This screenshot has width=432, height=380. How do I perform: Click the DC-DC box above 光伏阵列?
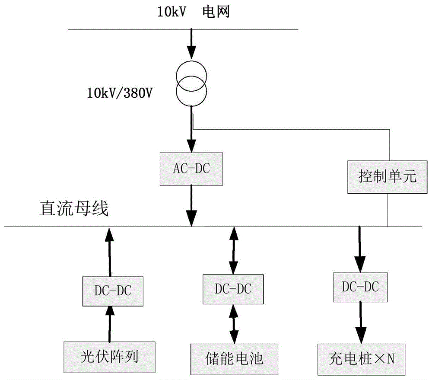click(110, 291)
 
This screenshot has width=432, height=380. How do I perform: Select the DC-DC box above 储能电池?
click(233, 288)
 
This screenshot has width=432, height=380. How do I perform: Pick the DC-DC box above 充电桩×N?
click(360, 287)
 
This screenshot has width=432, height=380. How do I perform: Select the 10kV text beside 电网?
click(172, 13)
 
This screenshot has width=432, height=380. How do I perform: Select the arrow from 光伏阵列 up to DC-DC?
click(110, 323)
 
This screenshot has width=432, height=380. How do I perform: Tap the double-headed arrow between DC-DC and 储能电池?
click(234, 323)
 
